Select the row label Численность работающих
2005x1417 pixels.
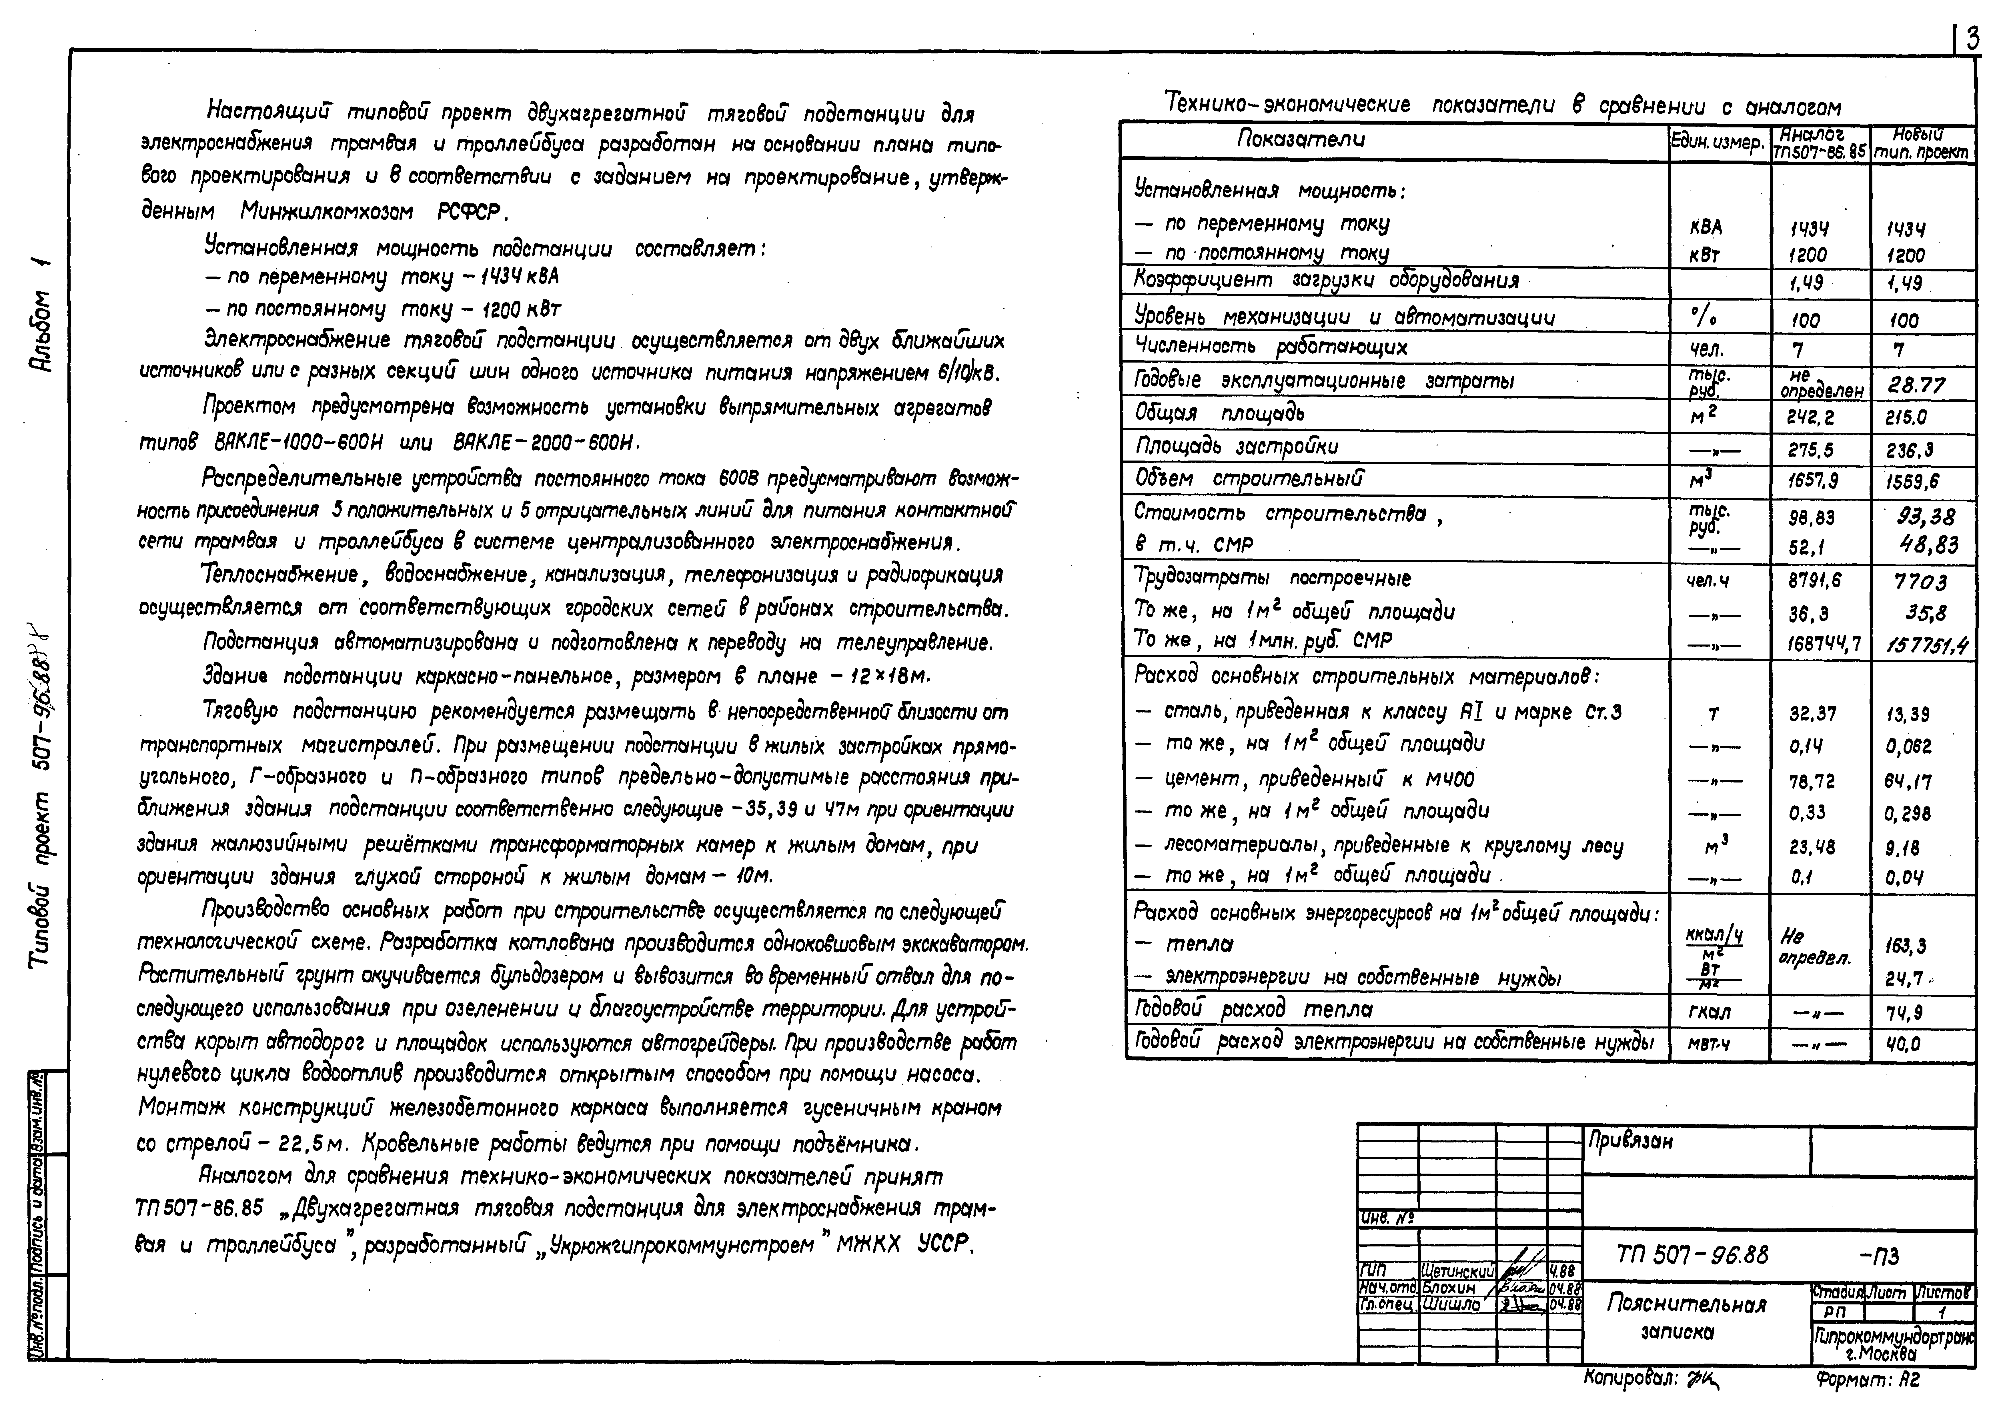(x=1271, y=347)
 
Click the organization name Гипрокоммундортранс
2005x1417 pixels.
(x=1893, y=1336)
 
